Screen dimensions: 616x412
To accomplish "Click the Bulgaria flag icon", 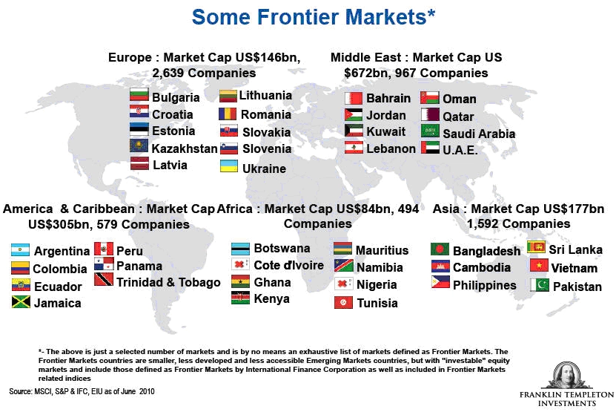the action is coord(139,94).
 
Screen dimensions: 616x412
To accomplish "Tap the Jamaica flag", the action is coord(21,302).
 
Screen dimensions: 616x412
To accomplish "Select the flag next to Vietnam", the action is coord(539,265).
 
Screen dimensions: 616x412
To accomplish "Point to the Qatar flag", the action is coord(430,114).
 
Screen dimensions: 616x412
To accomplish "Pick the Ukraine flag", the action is coord(228,166).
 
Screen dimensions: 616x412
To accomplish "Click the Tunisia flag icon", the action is coord(343,302).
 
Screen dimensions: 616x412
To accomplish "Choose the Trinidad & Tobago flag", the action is coord(104,279).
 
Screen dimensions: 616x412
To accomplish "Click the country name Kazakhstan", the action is coord(185,148).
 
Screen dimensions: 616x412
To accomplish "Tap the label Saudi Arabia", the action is coord(479,134).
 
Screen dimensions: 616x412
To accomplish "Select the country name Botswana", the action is coord(282,248).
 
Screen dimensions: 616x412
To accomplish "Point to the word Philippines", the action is coord(484,285).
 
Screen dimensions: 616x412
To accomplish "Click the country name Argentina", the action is coord(62,251).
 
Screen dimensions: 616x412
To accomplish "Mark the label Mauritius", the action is coord(382,250).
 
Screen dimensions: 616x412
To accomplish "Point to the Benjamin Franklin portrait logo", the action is coord(567,376).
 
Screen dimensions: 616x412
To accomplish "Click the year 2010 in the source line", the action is coord(147,391).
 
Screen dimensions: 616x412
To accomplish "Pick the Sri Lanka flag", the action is coord(536,246).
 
